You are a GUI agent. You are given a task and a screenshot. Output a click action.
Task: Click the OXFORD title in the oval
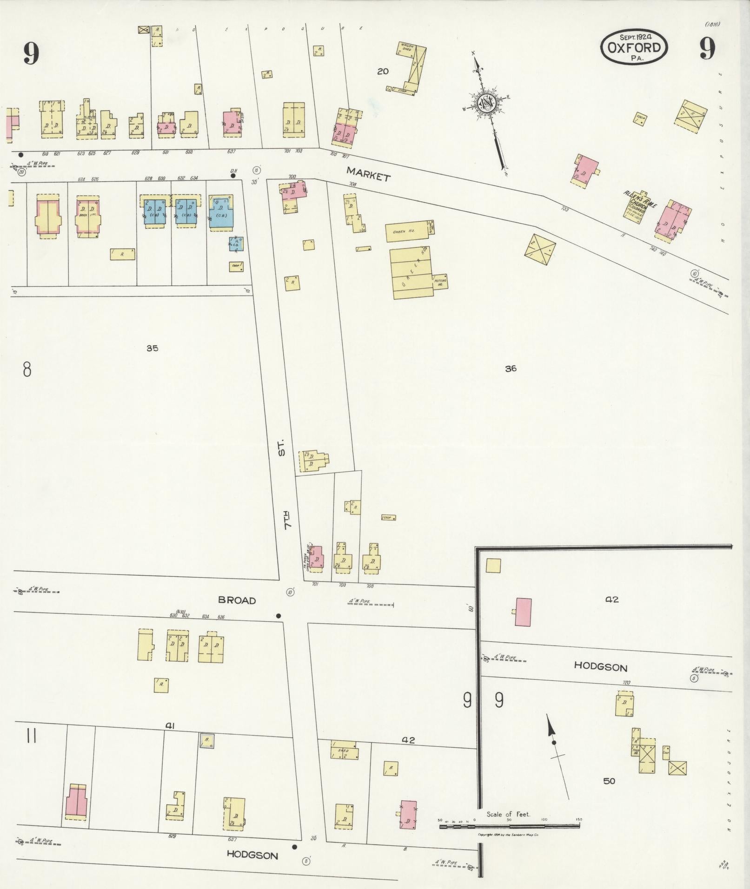click(x=634, y=48)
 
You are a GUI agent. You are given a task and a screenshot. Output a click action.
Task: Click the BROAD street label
click(x=237, y=600)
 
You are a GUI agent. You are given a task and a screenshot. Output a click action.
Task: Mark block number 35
click(x=152, y=348)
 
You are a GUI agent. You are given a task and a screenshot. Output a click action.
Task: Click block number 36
click(x=511, y=369)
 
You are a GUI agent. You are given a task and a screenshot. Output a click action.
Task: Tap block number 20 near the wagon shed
click(x=383, y=71)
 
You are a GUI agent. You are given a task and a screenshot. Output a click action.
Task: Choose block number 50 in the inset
click(x=609, y=781)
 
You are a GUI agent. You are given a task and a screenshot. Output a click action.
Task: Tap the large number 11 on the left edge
click(x=31, y=737)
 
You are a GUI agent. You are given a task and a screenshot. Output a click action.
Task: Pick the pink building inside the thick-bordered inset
click(x=523, y=612)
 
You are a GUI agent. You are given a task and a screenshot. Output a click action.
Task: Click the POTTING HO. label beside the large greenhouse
click(x=440, y=281)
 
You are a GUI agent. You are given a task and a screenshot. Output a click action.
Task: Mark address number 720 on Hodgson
click(x=626, y=683)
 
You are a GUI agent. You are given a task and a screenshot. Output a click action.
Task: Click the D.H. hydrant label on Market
click(x=233, y=171)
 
